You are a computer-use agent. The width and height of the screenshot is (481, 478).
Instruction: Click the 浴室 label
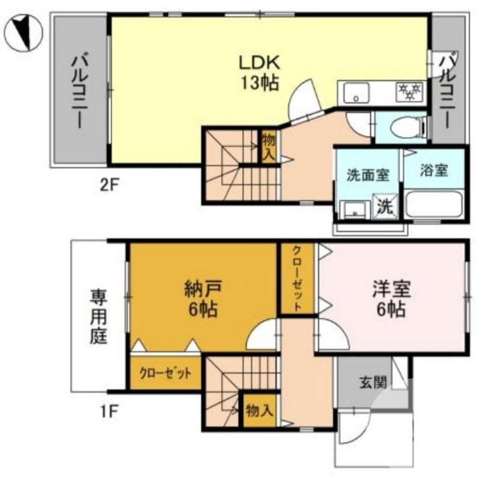[x=434, y=171]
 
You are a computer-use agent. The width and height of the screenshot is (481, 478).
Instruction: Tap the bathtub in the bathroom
[x=434, y=205]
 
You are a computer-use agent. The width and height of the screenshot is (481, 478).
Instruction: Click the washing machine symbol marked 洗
[x=385, y=206]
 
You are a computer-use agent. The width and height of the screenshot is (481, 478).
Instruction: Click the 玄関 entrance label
[x=373, y=382]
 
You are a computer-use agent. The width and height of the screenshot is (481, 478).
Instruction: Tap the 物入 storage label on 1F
[x=260, y=411]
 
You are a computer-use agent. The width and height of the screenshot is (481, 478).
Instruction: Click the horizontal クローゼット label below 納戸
[x=165, y=373]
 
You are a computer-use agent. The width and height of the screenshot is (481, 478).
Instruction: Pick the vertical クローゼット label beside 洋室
[x=297, y=278]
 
